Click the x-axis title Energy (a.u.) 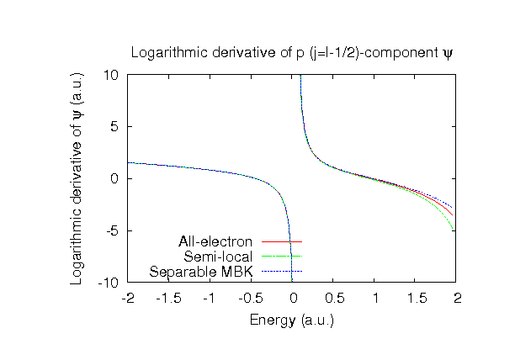pyautogui.click(x=292, y=320)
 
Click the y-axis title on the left pyautogui.click(x=77, y=178)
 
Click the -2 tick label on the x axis pyautogui.click(x=128, y=299)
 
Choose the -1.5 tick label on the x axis pyautogui.click(x=169, y=299)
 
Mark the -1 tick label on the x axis pyautogui.click(x=210, y=299)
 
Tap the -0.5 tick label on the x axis pyautogui.click(x=252, y=299)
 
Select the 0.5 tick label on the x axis pyautogui.click(x=334, y=299)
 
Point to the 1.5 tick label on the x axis pyautogui.click(x=417, y=299)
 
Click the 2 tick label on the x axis pyautogui.click(x=458, y=299)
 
